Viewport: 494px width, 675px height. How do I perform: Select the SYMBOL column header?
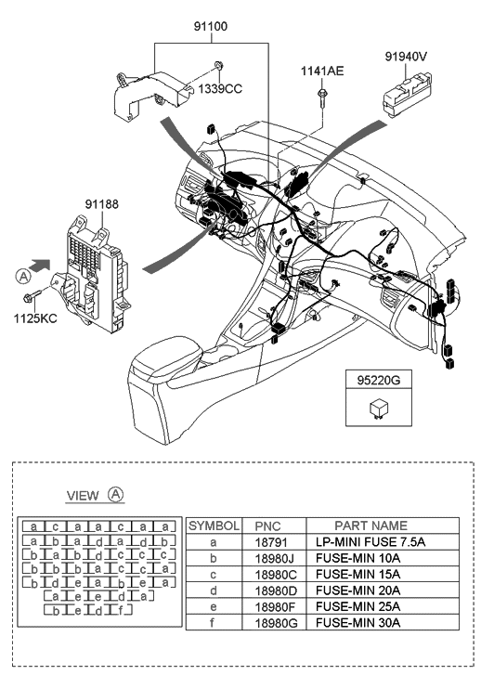(214, 526)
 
